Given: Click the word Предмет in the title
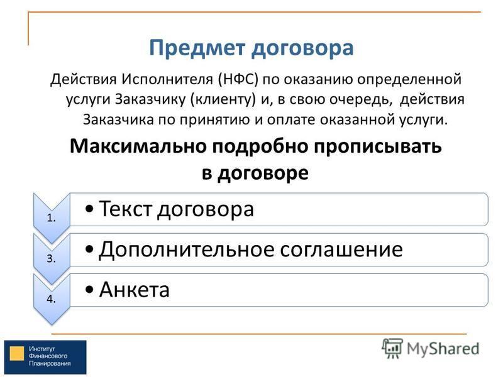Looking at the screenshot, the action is [197, 49].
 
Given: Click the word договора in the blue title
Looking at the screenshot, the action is [302, 49].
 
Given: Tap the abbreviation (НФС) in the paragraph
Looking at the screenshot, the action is [238, 79].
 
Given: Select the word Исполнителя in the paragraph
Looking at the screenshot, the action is [167, 79].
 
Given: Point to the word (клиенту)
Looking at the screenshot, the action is [223, 99].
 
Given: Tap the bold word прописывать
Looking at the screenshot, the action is [378, 147].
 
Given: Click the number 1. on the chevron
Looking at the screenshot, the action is [52, 218].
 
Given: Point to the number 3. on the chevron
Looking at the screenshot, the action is [52, 258].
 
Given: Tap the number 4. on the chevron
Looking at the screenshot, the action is [52, 299].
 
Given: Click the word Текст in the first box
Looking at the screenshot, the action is [125, 209].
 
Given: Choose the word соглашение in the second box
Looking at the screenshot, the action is [341, 250].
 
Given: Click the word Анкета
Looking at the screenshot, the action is [134, 290].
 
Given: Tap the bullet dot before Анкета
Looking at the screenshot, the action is [90, 290].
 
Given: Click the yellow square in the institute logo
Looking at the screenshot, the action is [17, 353].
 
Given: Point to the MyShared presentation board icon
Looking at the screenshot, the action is [392, 348].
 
